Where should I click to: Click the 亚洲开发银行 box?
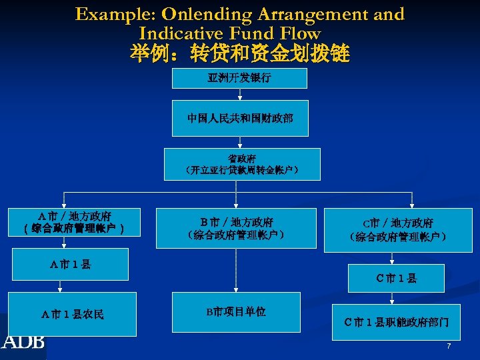click(x=239, y=78)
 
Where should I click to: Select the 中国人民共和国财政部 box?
click(x=239, y=119)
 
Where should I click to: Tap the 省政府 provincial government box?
click(x=242, y=164)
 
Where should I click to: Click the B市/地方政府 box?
click(x=236, y=228)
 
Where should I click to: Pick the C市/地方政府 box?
click(x=397, y=230)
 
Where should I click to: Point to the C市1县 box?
click(x=396, y=278)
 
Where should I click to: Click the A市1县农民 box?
click(x=72, y=313)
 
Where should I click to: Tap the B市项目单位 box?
click(x=235, y=311)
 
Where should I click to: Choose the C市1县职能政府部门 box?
click(x=396, y=322)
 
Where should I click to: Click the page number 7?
click(x=449, y=346)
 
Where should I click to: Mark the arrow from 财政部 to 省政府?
click(x=239, y=141)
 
